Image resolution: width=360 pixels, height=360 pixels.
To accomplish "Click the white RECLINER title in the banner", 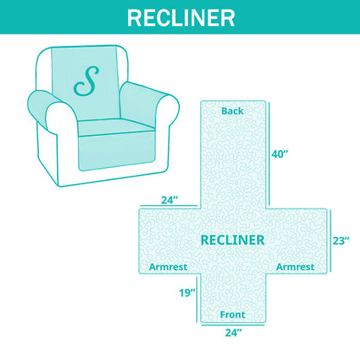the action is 181,18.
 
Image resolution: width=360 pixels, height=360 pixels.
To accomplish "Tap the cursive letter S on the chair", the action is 87,81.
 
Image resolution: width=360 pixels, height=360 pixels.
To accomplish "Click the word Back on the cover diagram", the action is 233,111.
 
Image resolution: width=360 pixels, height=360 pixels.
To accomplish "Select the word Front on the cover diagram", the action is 233,315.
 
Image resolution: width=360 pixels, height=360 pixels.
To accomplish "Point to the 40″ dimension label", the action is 280,154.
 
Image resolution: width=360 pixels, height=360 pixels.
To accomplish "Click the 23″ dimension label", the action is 341,241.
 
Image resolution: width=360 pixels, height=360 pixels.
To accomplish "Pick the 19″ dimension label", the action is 188,293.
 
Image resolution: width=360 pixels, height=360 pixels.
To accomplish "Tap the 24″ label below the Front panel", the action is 234,333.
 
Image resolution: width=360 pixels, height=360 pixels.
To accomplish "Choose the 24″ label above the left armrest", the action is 170,200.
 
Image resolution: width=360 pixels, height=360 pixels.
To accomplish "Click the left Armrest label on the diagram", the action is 168,267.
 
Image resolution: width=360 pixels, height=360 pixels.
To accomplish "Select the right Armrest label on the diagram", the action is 295,267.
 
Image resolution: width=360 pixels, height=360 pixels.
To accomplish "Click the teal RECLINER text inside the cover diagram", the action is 233,241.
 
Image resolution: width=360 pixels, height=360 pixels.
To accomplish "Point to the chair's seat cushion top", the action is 115,127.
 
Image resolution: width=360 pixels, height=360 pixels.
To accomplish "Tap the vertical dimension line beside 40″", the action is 269,153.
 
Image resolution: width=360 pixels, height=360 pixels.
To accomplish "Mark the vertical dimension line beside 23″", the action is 331,241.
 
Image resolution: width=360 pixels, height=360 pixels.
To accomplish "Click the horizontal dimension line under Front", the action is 233,325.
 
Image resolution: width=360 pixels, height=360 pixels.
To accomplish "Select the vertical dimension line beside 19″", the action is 197,299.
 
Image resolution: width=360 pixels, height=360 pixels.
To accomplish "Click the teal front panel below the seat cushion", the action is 117,151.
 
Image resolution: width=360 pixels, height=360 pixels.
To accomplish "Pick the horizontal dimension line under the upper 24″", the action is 170,206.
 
